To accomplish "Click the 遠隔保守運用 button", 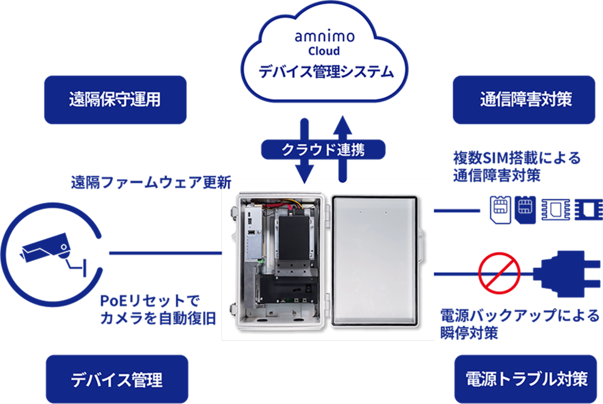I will click(115, 100).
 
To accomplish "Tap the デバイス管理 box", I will click(117, 379).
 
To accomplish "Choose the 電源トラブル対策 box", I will click(526, 378).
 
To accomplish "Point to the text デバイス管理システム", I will click(326, 72).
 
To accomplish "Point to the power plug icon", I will click(565, 273).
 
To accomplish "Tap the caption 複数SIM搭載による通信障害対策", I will click(516, 167).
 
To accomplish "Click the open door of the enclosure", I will click(376, 260).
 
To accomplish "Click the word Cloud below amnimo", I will click(324, 52).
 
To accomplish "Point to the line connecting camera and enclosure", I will click(165, 253).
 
